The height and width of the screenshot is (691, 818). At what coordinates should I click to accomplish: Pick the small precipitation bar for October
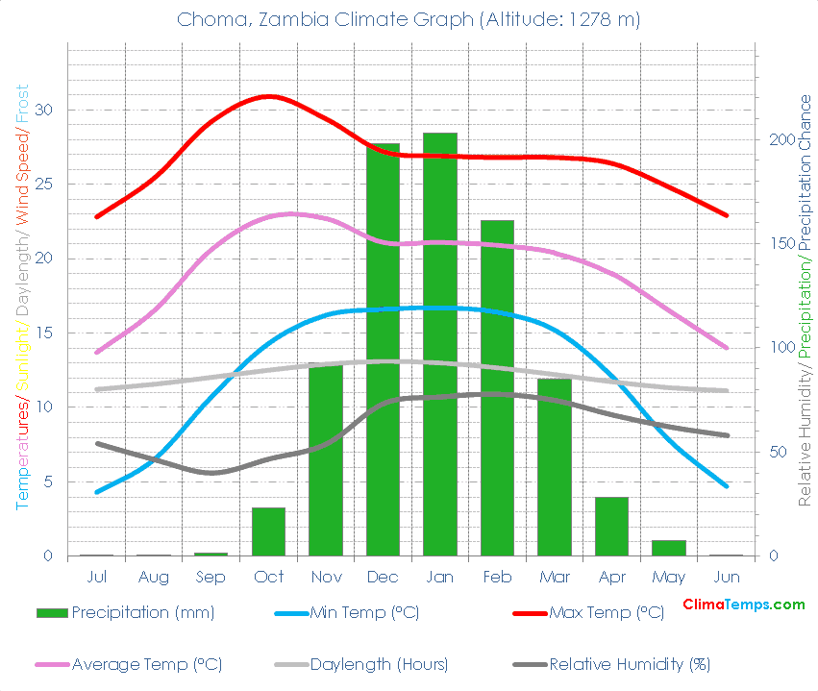click(x=268, y=531)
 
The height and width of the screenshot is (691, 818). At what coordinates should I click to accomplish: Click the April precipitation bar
click(x=611, y=526)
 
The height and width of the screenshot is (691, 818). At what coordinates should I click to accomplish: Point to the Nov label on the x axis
click(x=326, y=578)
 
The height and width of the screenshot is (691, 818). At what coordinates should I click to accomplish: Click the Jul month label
click(x=96, y=578)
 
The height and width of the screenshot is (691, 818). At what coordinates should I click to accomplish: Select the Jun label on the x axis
click(x=728, y=578)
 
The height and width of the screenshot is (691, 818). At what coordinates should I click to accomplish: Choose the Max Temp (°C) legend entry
click(x=607, y=612)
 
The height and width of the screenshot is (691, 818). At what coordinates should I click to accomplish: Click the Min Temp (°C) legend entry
click(x=363, y=612)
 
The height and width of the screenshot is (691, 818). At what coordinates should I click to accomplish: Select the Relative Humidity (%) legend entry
click(x=630, y=664)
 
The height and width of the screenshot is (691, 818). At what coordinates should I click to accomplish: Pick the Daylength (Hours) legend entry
click(x=379, y=664)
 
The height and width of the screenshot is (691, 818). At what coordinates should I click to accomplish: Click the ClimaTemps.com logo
click(x=743, y=605)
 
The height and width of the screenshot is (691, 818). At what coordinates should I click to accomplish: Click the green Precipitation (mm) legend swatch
click(x=52, y=613)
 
